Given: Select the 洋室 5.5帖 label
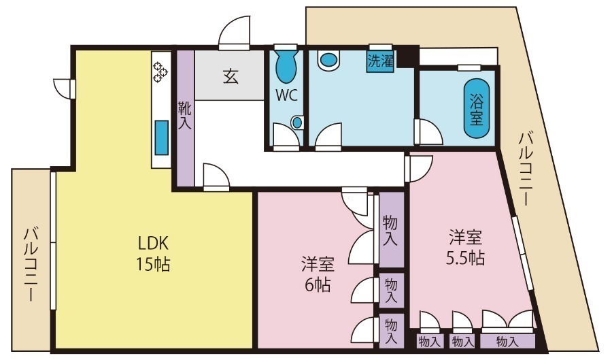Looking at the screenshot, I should (x=465, y=248).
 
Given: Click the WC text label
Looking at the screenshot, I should (x=286, y=96).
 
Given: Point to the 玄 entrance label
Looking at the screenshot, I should (x=230, y=77).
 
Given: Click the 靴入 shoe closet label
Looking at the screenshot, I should (x=185, y=116).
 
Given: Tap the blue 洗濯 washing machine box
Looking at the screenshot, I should (x=380, y=61).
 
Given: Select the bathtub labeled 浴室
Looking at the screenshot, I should (x=475, y=108).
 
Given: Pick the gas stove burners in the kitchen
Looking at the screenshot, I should (x=161, y=72).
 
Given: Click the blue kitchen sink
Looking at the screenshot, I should (x=162, y=138).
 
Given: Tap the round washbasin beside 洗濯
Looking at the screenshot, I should (x=328, y=60).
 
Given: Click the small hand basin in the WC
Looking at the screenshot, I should (x=296, y=123).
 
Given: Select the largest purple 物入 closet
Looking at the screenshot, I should (x=391, y=231).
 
